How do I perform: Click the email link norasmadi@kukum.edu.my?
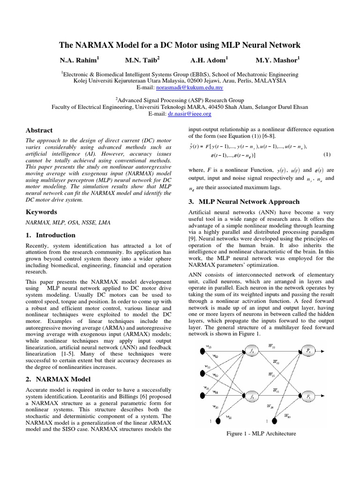click(x=196, y=88)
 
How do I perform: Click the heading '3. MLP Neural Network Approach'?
click(x=243, y=202)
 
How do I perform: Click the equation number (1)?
click(x=327, y=154)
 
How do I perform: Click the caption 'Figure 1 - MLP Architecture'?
click(x=261, y=434)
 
